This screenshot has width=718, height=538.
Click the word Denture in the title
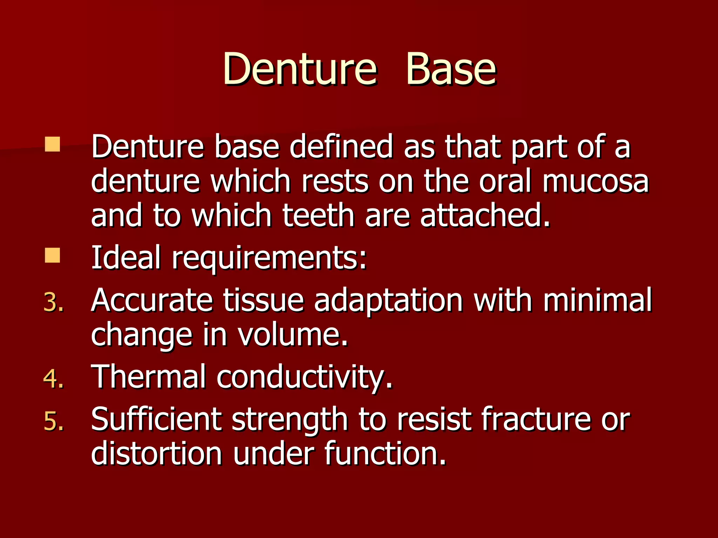[x=300, y=69]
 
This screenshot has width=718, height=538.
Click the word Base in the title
[x=451, y=69]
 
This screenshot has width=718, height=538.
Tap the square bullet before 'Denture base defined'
[x=52, y=144]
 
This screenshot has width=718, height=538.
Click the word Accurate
[x=152, y=301]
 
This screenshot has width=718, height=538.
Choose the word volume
[x=293, y=335]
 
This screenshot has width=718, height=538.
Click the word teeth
[x=318, y=216]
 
